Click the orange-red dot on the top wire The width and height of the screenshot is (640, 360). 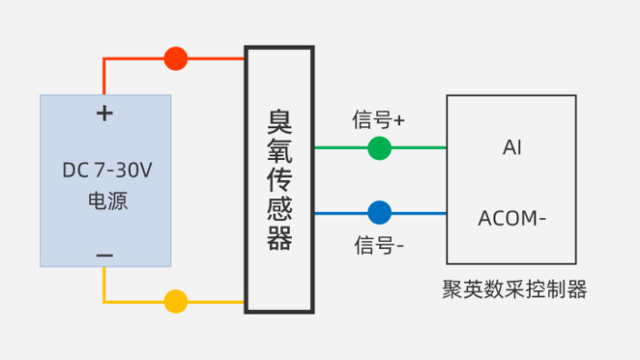point(175,59)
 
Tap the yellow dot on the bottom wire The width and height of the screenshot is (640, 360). point(175,302)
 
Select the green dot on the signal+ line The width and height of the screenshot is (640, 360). point(379,148)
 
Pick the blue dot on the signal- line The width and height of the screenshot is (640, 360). point(379,214)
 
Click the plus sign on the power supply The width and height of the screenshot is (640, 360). point(105,114)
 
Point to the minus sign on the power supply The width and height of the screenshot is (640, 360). point(105,256)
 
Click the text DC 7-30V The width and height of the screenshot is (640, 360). point(105,170)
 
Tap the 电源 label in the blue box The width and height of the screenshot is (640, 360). point(106,201)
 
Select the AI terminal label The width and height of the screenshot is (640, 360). point(512,147)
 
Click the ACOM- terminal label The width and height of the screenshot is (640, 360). point(513,219)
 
